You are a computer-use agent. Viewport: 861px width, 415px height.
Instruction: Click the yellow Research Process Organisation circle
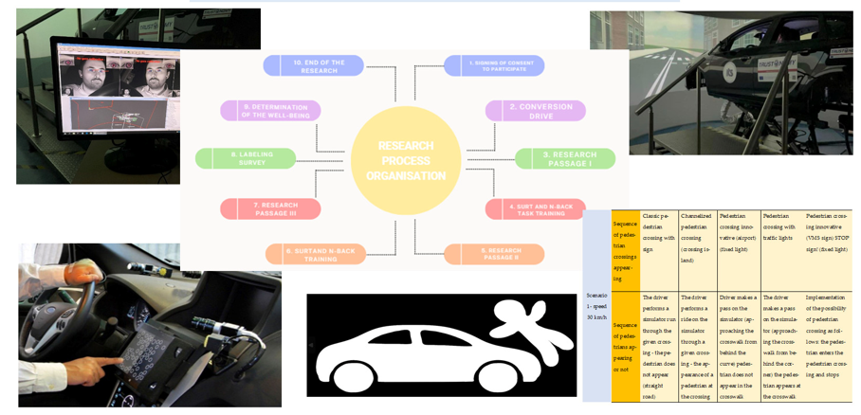[x=406, y=160]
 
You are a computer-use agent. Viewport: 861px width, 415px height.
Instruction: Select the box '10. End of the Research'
[x=313, y=65]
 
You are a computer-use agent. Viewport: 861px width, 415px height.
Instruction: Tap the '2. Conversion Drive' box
[x=534, y=111]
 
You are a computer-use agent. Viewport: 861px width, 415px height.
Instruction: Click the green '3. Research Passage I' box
[x=565, y=159]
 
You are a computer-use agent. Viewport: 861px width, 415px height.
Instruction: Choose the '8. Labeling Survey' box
[x=246, y=158]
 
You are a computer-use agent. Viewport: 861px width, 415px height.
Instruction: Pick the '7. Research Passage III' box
[x=270, y=208]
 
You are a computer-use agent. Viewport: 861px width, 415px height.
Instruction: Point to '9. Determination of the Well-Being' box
[x=270, y=111]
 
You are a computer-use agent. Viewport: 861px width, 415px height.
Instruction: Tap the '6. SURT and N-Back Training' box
[x=315, y=254]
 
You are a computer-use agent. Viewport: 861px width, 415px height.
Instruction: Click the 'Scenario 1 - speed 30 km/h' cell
[x=597, y=304]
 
